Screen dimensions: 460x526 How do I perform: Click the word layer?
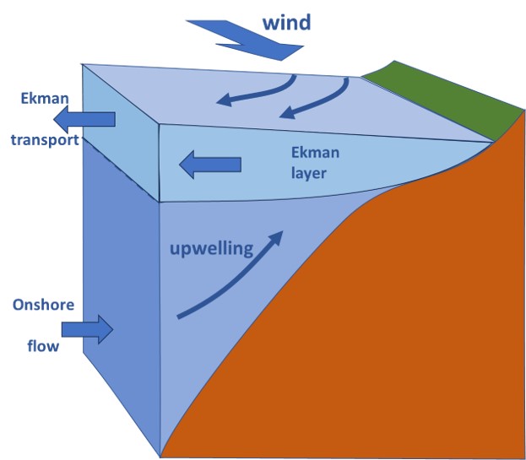click(309, 174)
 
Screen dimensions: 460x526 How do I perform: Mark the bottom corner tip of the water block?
click(160, 455)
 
